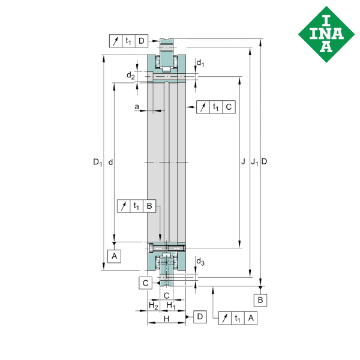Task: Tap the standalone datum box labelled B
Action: tap(260, 299)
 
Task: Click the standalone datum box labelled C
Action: tap(145, 283)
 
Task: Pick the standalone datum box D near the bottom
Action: tap(199, 316)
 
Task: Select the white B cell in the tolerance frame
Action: tap(149, 206)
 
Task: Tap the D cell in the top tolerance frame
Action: tap(140, 41)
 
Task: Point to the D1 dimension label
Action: tap(98, 162)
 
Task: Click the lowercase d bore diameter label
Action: tap(110, 162)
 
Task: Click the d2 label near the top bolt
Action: tap(130, 75)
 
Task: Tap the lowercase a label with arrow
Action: tap(137, 108)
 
